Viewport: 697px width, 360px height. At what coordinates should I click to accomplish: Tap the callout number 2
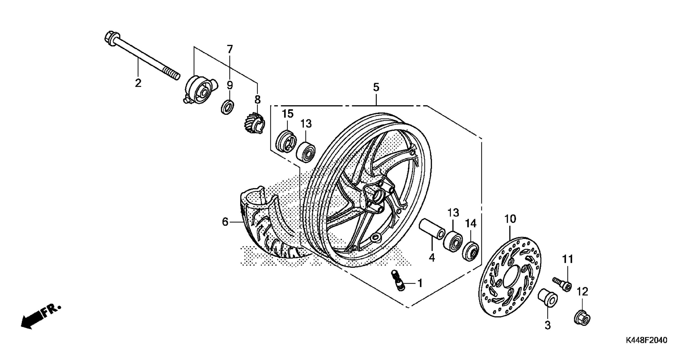tap(138, 83)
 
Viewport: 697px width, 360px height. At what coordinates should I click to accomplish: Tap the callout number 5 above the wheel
tap(376, 87)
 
